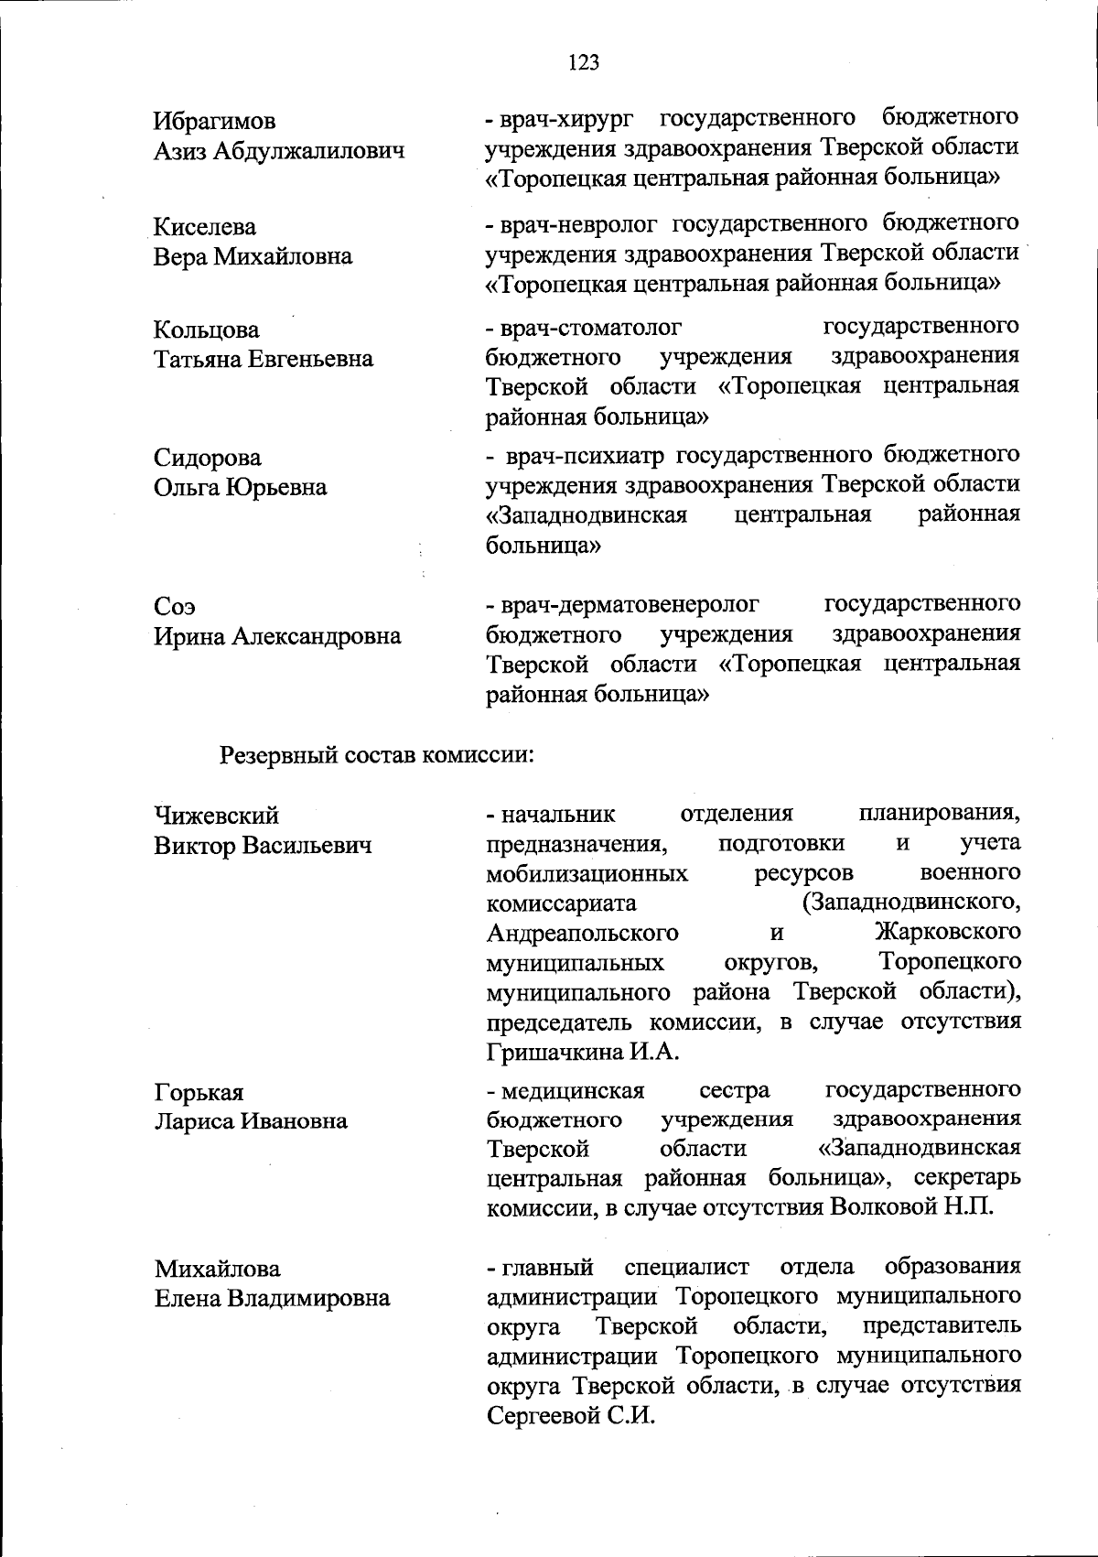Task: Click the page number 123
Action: pyautogui.click(x=583, y=62)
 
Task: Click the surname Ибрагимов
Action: pyautogui.click(x=215, y=121)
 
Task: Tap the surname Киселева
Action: pyautogui.click(x=205, y=226)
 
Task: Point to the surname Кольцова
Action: pyautogui.click(x=207, y=329)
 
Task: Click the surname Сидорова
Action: pyautogui.click(x=208, y=457)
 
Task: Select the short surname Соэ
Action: pyautogui.click(x=175, y=606)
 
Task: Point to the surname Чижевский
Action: pyautogui.click(x=217, y=815)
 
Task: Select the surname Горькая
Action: pyautogui.click(x=199, y=1092)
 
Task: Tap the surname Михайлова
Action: pyautogui.click(x=218, y=1268)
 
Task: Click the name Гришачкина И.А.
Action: pyautogui.click(x=583, y=1052)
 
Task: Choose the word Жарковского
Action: pyautogui.click(x=947, y=933)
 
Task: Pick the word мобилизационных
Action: pyautogui.click(x=587, y=873)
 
